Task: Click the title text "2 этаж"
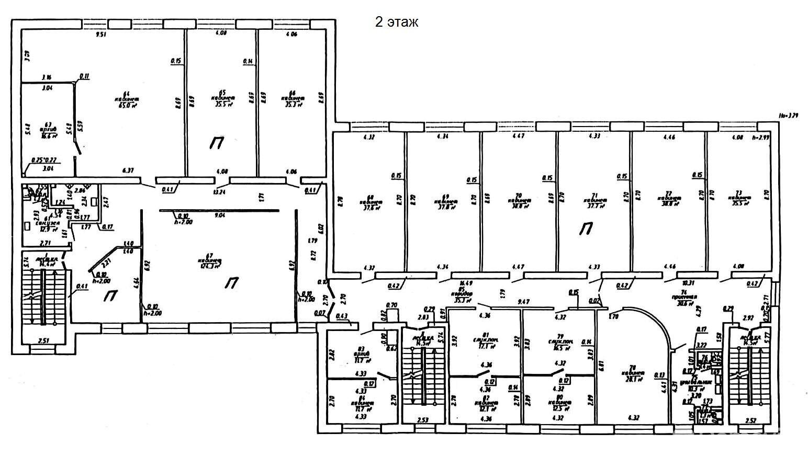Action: (x=396, y=22)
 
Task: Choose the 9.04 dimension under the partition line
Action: (x=216, y=215)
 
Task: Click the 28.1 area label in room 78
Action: (x=633, y=380)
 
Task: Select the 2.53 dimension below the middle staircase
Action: (x=423, y=419)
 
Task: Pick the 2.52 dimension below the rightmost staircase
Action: (x=751, y=419)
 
